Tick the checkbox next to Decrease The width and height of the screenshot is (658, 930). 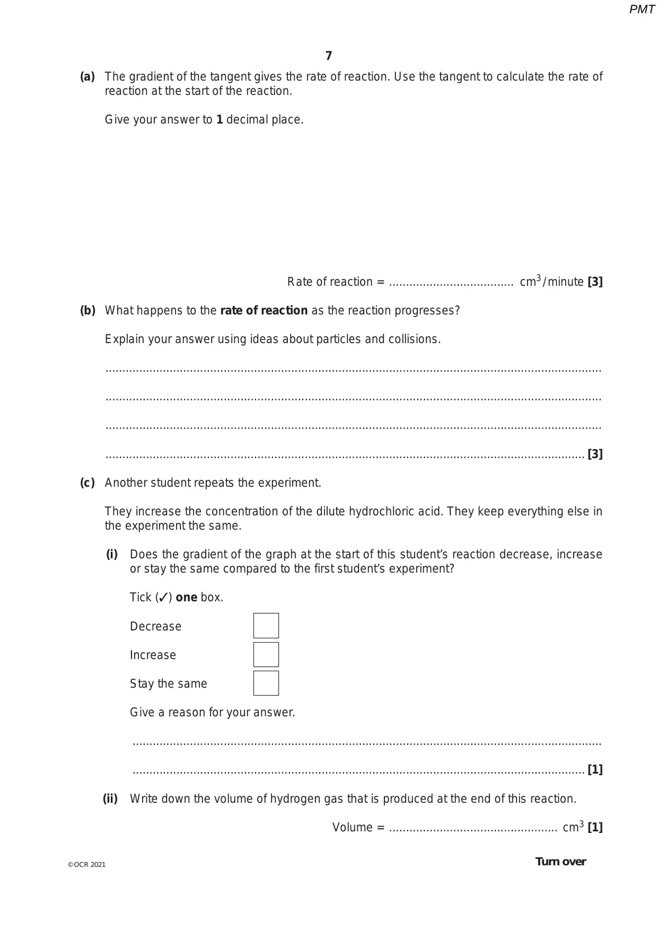266,626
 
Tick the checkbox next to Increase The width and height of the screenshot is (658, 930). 266,655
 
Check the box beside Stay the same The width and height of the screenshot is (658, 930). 266,683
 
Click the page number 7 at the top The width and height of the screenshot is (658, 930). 328,56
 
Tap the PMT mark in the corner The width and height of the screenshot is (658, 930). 642,9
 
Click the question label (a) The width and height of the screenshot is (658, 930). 88,77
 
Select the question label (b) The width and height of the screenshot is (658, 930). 88,310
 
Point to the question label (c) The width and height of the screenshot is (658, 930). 88,483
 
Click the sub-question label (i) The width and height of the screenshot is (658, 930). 112,554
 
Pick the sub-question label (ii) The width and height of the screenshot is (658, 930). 110,798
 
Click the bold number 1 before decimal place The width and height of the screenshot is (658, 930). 219,120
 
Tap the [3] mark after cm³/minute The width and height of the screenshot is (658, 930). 595,282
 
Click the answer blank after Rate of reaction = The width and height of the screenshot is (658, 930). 451,283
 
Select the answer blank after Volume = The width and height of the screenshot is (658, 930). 473,829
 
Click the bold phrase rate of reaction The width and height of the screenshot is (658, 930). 264,310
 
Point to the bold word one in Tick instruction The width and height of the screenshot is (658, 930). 186,597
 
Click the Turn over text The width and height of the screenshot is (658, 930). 560,861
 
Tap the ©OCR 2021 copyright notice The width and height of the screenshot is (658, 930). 87,865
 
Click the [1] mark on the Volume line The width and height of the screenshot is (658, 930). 595,827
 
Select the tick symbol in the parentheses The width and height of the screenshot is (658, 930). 163,597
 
